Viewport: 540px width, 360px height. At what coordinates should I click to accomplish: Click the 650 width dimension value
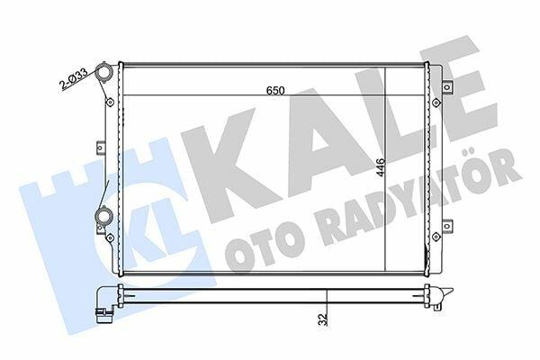[x=275, y=90]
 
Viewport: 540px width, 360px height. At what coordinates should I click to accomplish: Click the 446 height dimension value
[x=380, y=167]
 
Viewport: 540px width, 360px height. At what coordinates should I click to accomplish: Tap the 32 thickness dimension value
[x=323, y=319]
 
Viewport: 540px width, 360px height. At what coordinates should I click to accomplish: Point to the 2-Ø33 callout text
[x=73, y=78]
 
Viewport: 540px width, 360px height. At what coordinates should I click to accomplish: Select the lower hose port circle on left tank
[x=104, y=216]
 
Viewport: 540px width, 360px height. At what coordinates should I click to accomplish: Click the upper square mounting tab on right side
[x=446, y=86]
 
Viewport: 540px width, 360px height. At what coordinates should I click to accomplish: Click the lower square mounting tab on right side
[x=446, y=226]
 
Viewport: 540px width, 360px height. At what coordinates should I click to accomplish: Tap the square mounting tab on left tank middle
[x=100, y=148]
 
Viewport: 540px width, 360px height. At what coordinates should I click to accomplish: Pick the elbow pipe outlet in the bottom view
[x=105, y=305]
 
